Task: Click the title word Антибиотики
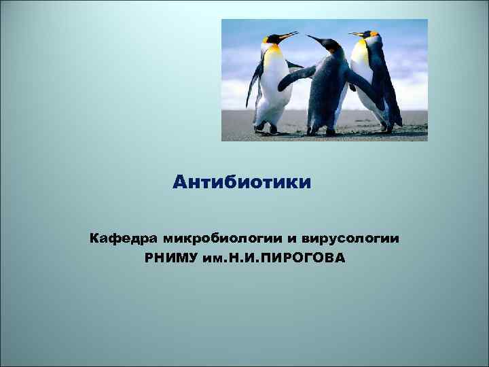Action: (x=242, y=182)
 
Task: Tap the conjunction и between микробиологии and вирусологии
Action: (x=290, y=239)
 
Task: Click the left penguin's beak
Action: (x=288, y=35)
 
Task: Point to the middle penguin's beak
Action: (x=314, y=39)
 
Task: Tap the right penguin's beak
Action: (x=355, y=34)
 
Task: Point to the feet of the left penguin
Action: (x=265, y=128)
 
